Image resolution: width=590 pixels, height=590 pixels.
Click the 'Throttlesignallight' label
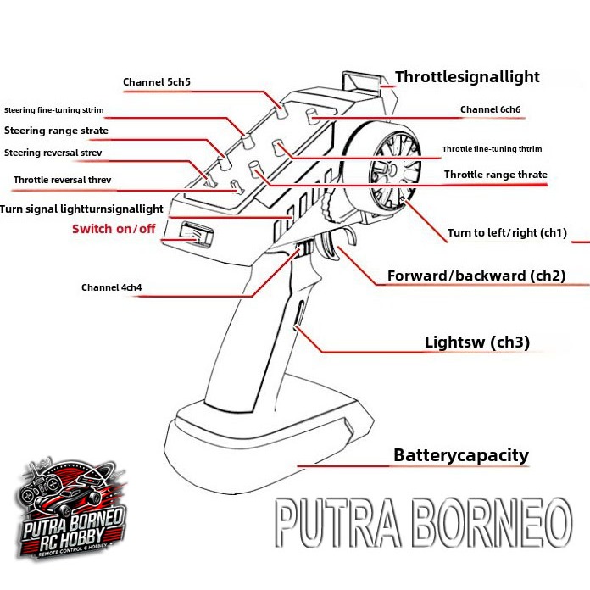point(467,77)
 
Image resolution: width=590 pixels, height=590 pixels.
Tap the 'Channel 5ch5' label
point(157,82)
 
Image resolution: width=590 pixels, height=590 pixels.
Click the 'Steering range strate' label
point(56,131)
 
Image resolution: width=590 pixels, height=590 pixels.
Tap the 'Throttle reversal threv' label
point(62,180)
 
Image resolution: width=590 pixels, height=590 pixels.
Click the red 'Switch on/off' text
point(114,229)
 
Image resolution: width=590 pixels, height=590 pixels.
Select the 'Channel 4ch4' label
point(111,287)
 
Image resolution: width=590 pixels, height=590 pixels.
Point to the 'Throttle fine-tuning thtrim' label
point(492,149)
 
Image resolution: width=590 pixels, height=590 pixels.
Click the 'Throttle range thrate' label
point(496,175)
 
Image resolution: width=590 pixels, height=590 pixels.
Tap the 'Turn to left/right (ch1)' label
point(507,232)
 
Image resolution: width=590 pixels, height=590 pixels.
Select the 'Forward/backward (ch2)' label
point(476,276)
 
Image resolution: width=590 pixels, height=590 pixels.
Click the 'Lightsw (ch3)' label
point(477,342)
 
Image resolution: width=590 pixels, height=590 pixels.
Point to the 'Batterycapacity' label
point(461,455)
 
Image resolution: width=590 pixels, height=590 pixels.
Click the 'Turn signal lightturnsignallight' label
point(81,209)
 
